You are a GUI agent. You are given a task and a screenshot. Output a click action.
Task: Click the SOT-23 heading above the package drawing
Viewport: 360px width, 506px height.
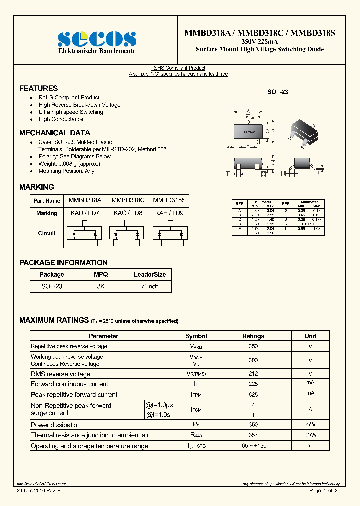[x=278, y=92]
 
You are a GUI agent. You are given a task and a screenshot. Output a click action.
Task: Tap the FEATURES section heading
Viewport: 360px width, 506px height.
[x=38, y=88]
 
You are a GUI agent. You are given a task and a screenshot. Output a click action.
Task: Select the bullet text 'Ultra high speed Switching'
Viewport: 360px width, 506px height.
[x=71, y=112]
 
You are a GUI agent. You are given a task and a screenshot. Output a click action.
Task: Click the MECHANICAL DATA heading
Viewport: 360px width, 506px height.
[x=55, y=133]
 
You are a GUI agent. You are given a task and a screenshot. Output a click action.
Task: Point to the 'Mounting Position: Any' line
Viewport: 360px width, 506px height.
[x=66, y=171]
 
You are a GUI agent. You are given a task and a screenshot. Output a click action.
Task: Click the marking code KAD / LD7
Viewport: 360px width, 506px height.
[x=85, y=213]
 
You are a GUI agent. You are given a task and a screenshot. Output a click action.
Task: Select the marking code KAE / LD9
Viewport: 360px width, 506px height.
[x=169, y=213]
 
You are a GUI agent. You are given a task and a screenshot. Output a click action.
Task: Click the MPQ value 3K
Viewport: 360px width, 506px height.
[x=101, y=287]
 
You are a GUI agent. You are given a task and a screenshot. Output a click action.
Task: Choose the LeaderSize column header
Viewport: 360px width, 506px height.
[x=150, y=274]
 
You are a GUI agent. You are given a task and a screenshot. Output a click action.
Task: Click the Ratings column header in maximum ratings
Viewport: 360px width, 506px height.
[x=253, y=336]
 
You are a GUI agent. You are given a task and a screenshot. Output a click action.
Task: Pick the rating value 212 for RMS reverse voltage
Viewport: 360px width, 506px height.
[x=253, y=374]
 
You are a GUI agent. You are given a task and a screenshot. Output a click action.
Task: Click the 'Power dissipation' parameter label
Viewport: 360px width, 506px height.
[x=56, y=425]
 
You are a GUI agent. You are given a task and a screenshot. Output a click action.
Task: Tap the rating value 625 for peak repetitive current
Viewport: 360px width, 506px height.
[x=253, y=395]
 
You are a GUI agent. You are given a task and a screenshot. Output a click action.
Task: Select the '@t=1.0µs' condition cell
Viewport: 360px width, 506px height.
[x=160, y=405]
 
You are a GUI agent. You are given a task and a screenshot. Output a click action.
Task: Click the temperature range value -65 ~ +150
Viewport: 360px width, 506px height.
[x=253, y=446]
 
